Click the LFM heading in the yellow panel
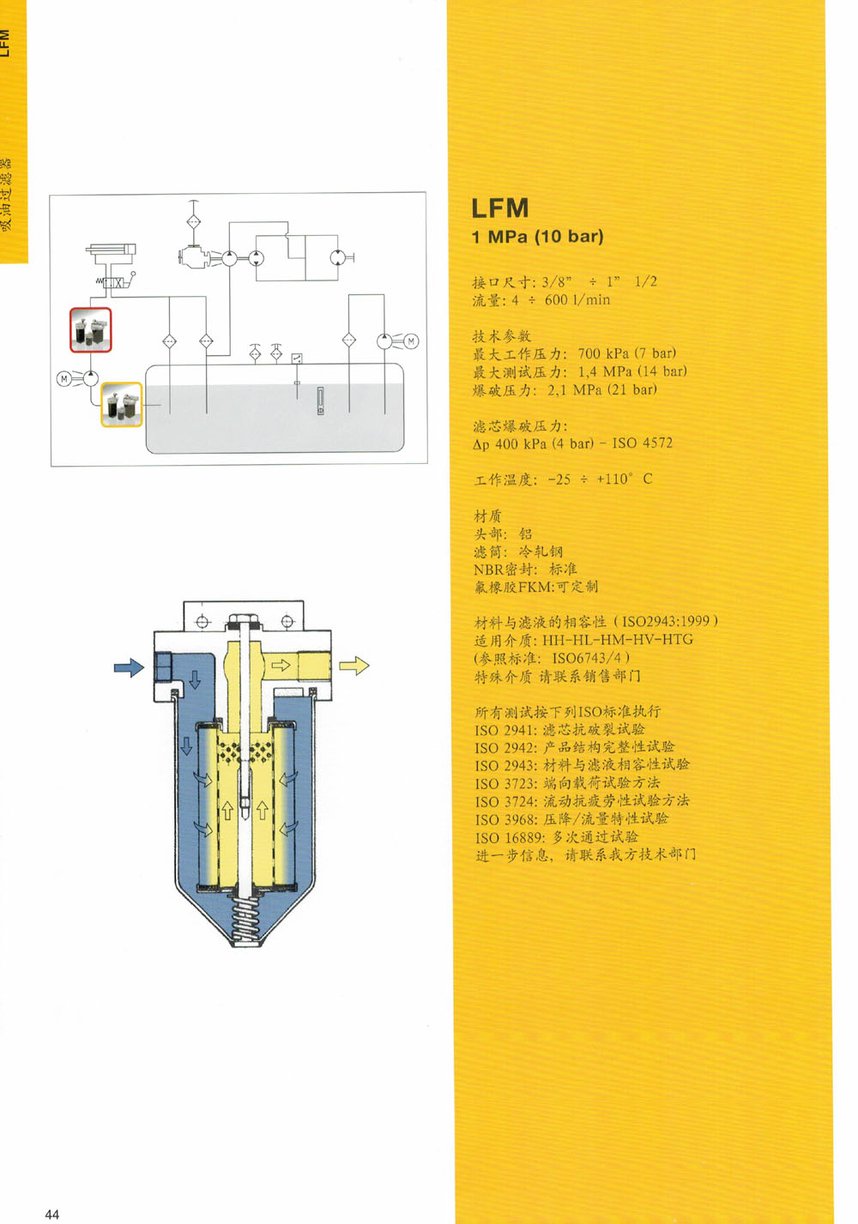500,208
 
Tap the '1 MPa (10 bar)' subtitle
537,237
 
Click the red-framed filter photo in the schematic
91,330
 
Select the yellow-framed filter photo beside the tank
122,405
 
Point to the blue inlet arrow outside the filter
129,667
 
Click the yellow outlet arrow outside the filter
353,666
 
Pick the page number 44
52,1214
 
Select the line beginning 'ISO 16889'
556,837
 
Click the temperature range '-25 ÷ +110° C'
600,479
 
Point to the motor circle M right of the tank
411,341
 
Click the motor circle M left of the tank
63,378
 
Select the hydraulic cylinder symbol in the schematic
111,250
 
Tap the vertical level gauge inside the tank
320,401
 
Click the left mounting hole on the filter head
202,621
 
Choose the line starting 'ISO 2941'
559,730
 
